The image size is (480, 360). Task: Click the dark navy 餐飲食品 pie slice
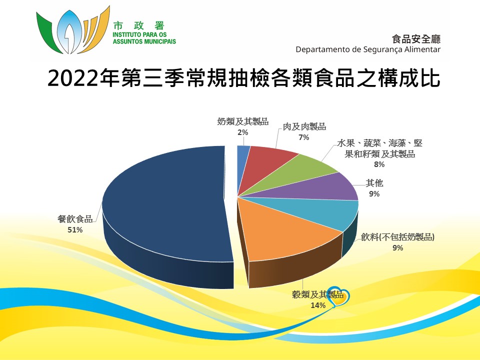(165, 208)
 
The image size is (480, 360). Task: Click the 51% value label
(75, 229)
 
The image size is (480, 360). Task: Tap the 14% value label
(318, 305)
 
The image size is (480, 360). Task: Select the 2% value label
(243, 132)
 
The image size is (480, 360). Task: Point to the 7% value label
(304, 137)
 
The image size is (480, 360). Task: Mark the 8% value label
(379, 164)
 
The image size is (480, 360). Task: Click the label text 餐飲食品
(75, 219)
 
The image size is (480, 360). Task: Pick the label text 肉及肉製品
(304, 126)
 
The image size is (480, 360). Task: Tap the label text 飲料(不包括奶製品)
(397, 237)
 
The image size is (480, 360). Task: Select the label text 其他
(374, 183)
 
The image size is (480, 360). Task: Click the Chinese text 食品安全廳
(416, 39)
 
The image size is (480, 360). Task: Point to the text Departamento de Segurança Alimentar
(368, 49)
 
